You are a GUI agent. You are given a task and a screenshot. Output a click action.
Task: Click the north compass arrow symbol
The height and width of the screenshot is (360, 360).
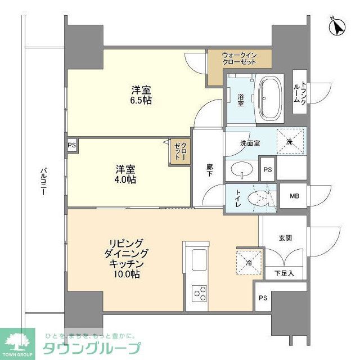point(337,26)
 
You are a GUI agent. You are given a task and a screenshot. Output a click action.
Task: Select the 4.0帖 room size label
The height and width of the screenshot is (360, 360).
point(126,179)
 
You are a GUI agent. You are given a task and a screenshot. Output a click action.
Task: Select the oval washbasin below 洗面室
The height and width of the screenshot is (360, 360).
point(242,169)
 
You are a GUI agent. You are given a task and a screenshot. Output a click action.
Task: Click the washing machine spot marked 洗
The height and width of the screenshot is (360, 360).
point(290,141)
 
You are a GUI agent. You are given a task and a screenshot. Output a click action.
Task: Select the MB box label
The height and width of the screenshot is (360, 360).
point(294,196)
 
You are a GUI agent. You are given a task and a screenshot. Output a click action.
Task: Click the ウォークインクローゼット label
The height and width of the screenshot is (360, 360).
point(239,58)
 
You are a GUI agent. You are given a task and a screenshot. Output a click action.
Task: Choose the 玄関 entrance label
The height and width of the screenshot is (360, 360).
point(285,237)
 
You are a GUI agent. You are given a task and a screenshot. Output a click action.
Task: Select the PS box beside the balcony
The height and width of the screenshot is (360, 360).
point(71,145)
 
